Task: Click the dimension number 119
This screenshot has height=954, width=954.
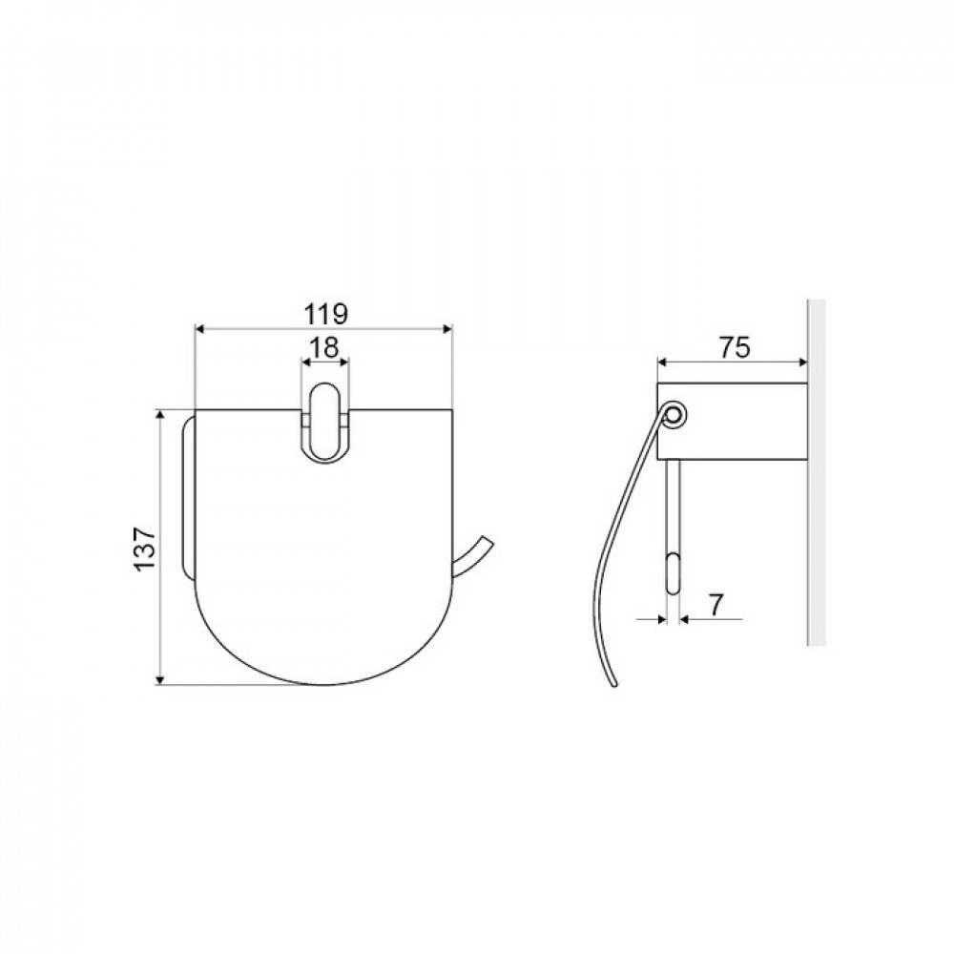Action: pyautogui.click(x=325, y=315)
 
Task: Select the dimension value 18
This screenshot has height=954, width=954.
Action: pyautogui.click(x=324, y=347)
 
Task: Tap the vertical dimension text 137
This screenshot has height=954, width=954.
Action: pyautogui.click(x=145, y=549)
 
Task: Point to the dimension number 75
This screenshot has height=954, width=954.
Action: pyautogui.click(x=735, y=347)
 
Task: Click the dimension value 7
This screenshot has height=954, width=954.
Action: pyautogui.click(x=715, y=605)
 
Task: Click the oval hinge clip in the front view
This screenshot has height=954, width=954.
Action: pyautogui.click(x=325, y=422)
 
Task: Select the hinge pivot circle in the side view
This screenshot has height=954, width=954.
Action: pyautogui.click(x=674, y=416)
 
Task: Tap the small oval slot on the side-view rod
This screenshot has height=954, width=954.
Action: pyautogui.click(x=674, y=573)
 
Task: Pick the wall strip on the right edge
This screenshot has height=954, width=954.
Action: pyautogui.click(x=817, y=472)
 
